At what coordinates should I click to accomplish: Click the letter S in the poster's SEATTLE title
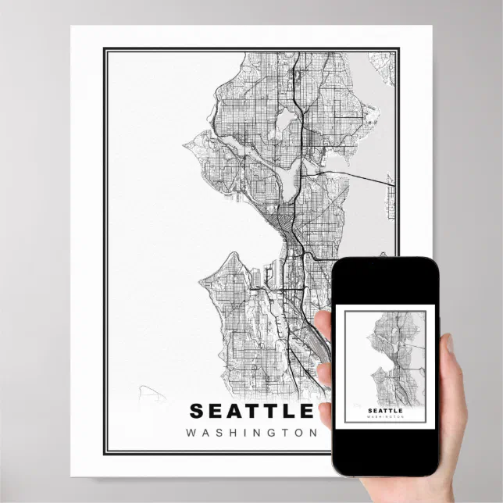pos(196,410)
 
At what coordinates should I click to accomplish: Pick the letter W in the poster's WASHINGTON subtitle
pos(191,432)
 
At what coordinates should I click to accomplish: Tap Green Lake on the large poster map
pos(286,120)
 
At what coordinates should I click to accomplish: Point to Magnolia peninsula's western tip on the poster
pos(187,144)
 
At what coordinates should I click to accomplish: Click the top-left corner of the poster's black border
pos(105,49)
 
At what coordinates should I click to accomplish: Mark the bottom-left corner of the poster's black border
pos(105,454)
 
